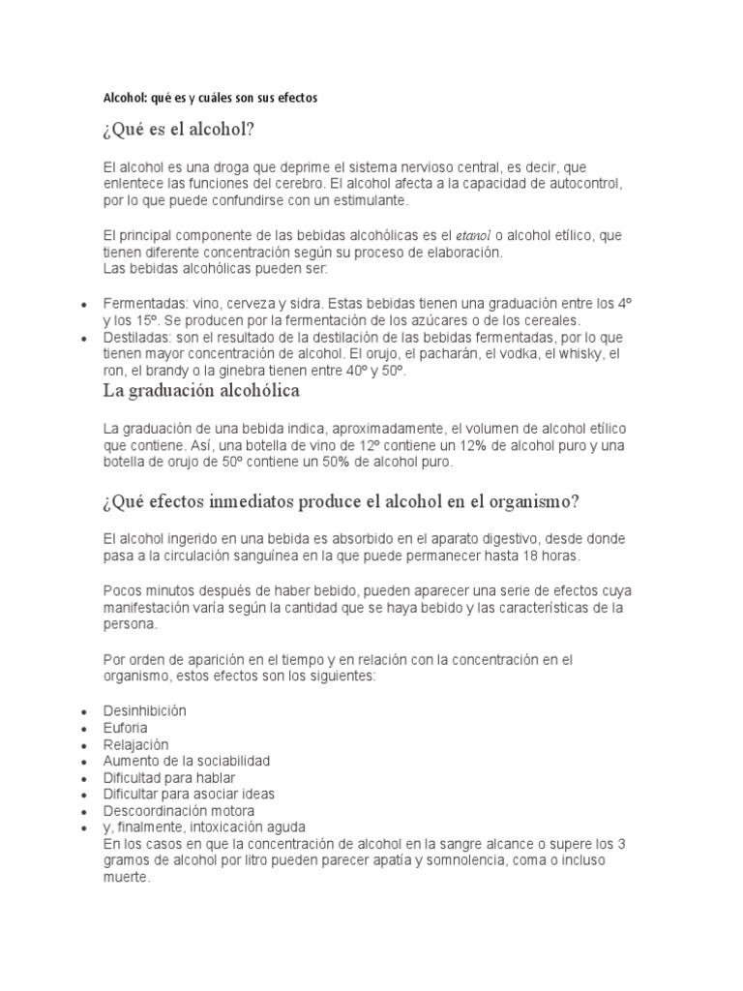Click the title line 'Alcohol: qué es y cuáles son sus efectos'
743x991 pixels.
coord(210,99)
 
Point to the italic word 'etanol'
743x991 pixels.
coord(475,235)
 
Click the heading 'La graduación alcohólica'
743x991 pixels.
coord(201,391)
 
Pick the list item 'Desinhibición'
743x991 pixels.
coord(144,710)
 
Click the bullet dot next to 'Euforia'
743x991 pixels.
coord(87,729)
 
